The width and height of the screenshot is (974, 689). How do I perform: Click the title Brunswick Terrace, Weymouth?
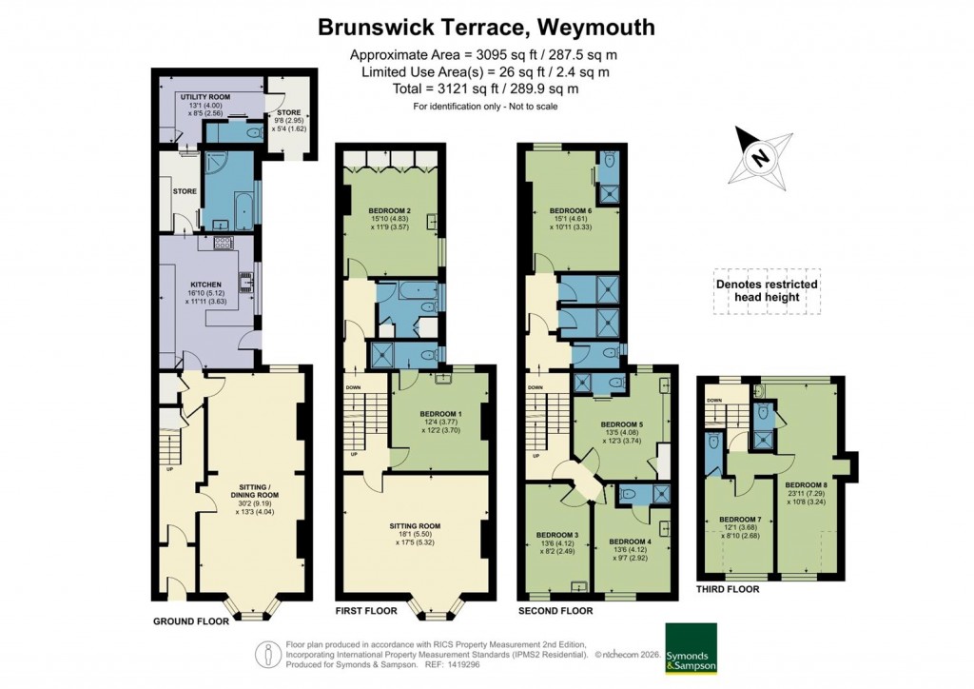pos(486,28)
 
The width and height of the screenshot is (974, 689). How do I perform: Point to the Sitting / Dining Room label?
pos(254,496)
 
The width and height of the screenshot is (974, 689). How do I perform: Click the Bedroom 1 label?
pos(440,415)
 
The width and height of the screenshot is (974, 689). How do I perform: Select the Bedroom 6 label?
pos(570,210)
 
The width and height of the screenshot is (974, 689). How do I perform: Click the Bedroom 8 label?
pos(806,482)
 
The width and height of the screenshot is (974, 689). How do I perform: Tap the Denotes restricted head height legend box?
pos(766,290)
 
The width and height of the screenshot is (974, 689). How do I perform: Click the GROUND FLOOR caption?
pos(191,621)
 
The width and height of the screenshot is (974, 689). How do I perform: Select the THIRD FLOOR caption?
pos(727,589)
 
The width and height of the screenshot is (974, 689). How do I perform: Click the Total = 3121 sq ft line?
pos(486,89)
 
